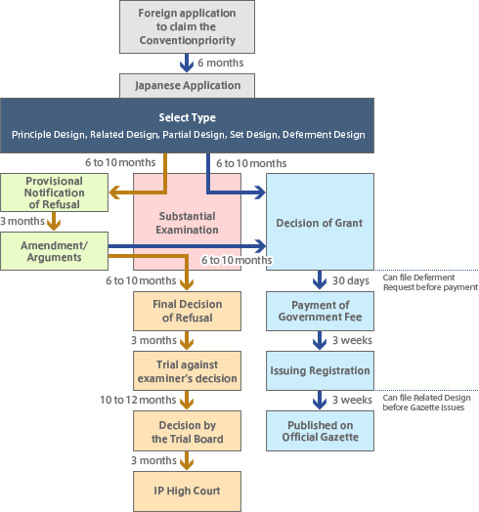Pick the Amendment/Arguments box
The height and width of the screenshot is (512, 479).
[x=54, y=249]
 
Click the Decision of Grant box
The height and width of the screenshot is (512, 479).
[x=320, y=222]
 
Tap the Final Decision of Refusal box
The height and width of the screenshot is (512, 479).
[x=187, y=310]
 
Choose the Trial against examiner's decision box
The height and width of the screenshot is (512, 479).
[x=187, y=370]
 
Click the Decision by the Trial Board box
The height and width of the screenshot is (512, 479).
[x=187, y=431]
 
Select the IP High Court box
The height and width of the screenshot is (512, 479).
[x=187, y=490]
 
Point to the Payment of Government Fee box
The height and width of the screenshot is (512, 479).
[x=320, y=312]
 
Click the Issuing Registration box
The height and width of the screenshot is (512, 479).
[x=320, y=370]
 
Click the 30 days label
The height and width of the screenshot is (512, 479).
[x=350, y=280]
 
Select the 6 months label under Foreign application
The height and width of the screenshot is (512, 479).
[x=220, y=63]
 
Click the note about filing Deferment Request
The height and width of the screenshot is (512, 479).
[x=430, y=280]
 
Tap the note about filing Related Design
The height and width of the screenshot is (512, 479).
[x=428, y=402]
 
